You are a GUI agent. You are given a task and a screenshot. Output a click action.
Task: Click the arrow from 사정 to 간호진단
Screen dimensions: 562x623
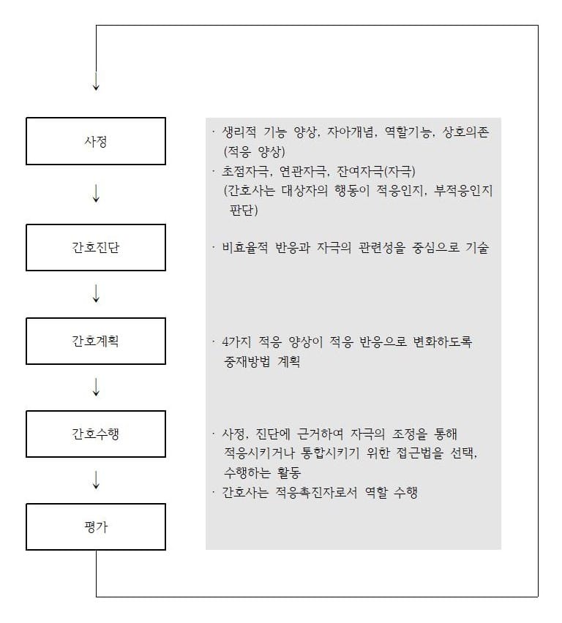pos(96,194)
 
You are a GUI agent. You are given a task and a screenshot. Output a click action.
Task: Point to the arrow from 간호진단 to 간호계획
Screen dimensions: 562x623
pos(96,293)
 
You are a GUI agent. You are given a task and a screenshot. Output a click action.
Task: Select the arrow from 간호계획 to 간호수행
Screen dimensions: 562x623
pos(96,387)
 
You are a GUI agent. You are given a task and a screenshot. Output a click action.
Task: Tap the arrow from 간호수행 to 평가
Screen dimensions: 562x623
pos(96,480)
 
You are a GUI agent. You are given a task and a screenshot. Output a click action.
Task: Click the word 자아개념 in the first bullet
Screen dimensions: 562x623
pos(351,132)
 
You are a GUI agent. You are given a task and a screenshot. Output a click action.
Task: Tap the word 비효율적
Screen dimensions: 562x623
pos(245,248)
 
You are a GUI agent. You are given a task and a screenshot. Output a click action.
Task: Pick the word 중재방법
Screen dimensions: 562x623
pos(247,361)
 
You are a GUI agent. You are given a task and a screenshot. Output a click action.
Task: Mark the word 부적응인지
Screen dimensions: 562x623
pos(463,191)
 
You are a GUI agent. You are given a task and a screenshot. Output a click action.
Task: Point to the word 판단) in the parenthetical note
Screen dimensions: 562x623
pos(244,210)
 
